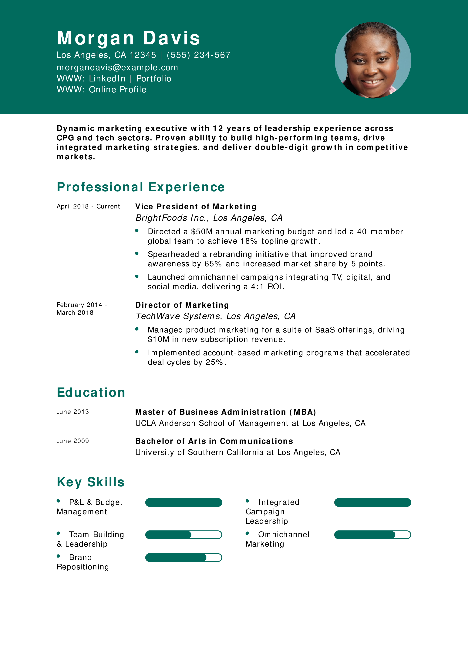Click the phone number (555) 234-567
(x=198, y=55)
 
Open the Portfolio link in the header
(x=154, y=79)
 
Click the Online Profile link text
(x=117, y=90)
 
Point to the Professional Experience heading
(x=141, y=187)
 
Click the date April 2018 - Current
(x=88, y=206)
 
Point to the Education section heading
(x=91, y=392)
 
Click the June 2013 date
(x=73, y=412)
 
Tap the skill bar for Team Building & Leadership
(x=183, y=535)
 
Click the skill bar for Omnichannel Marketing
(x=372, y=535)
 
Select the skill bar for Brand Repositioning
(x=183, y=558)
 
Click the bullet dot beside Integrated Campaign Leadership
(x=247, y=501)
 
